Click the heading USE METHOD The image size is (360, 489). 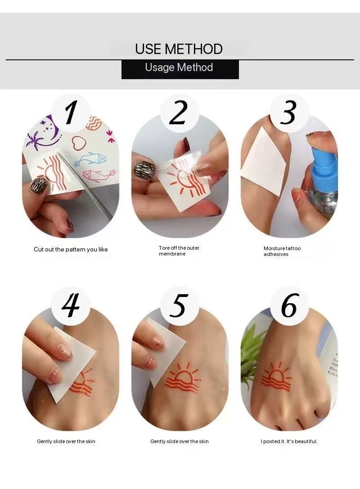coord(179,49)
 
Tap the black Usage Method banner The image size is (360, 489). coord(180,69)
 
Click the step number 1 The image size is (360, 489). coord(71,112)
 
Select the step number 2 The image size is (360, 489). coord(179,112)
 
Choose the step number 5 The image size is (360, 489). coord(179,305)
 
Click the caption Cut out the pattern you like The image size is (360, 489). coord(71,250)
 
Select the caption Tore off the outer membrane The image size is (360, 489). coord(179,251)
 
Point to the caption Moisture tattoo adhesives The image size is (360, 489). coord(282,251)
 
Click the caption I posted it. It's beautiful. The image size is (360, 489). coord(289,441)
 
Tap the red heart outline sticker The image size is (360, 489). coord(79,143)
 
